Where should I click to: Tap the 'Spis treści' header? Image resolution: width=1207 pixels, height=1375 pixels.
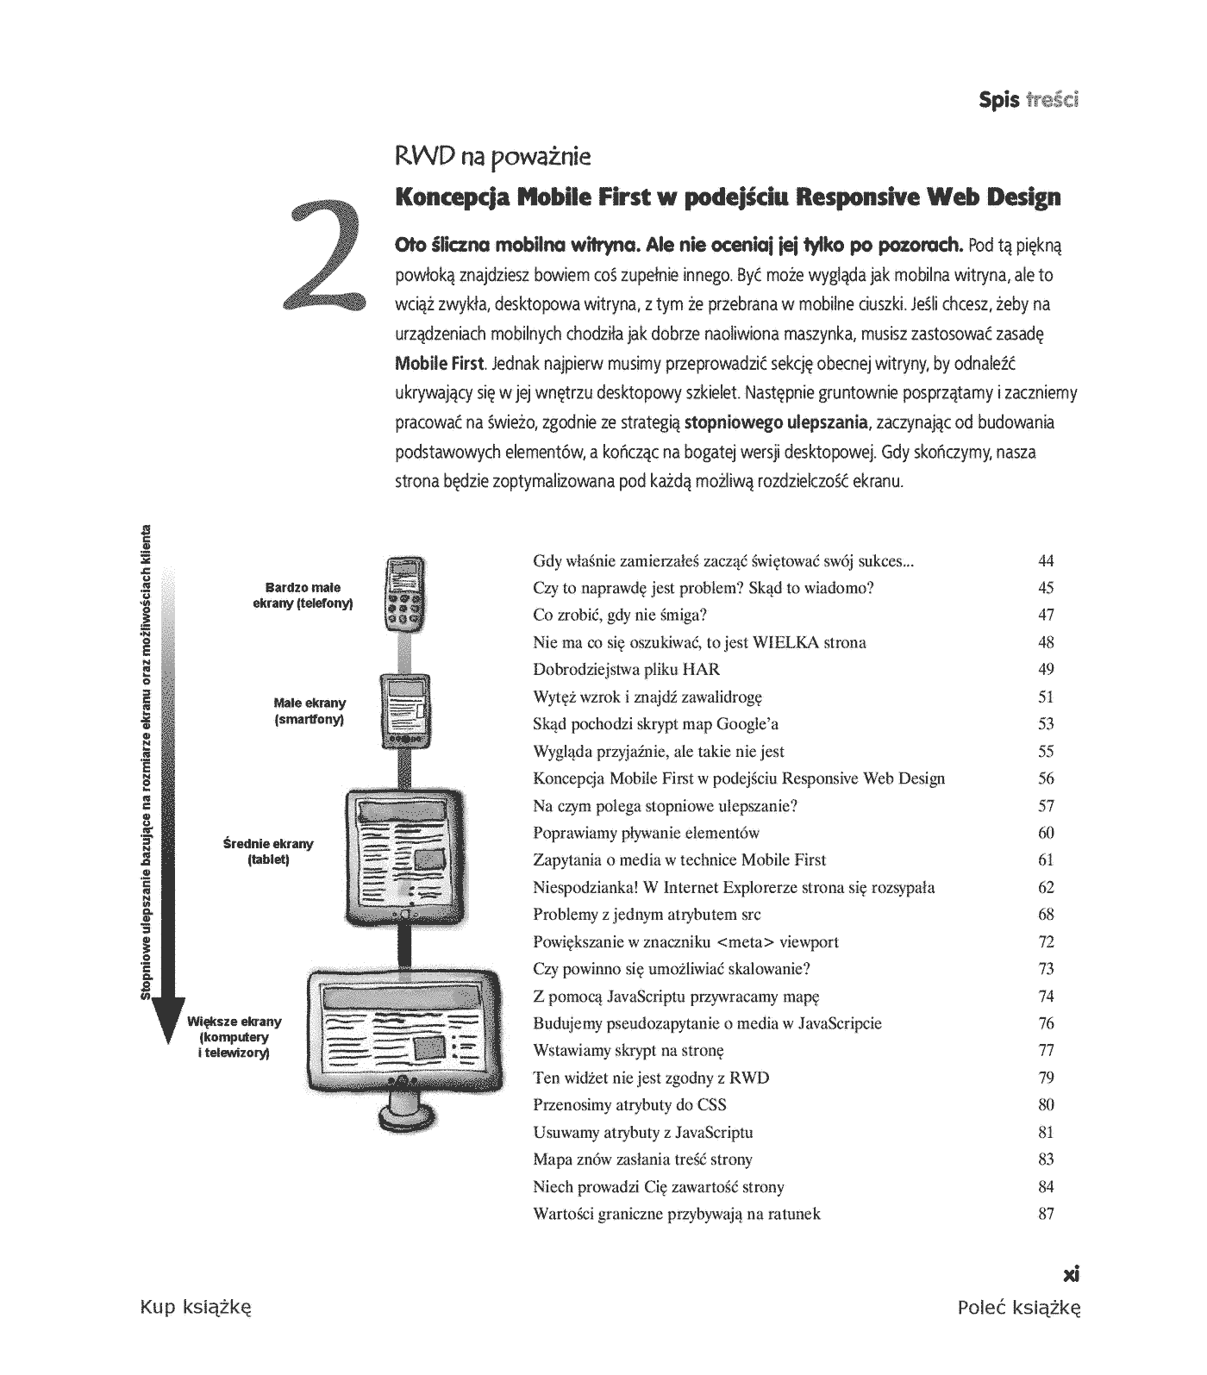point(1029,99)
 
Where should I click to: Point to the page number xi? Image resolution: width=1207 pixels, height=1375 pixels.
point(1072,1273)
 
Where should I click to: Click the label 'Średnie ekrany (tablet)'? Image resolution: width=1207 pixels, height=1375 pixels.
point(268,852)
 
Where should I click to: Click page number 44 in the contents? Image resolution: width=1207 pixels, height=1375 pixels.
point(1046,561)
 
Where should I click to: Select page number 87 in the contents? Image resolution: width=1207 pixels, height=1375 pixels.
point(1046,1214)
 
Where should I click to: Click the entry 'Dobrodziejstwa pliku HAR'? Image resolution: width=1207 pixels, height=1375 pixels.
point(626,670)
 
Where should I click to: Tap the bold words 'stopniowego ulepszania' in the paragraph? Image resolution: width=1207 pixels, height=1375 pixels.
point(775,422)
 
